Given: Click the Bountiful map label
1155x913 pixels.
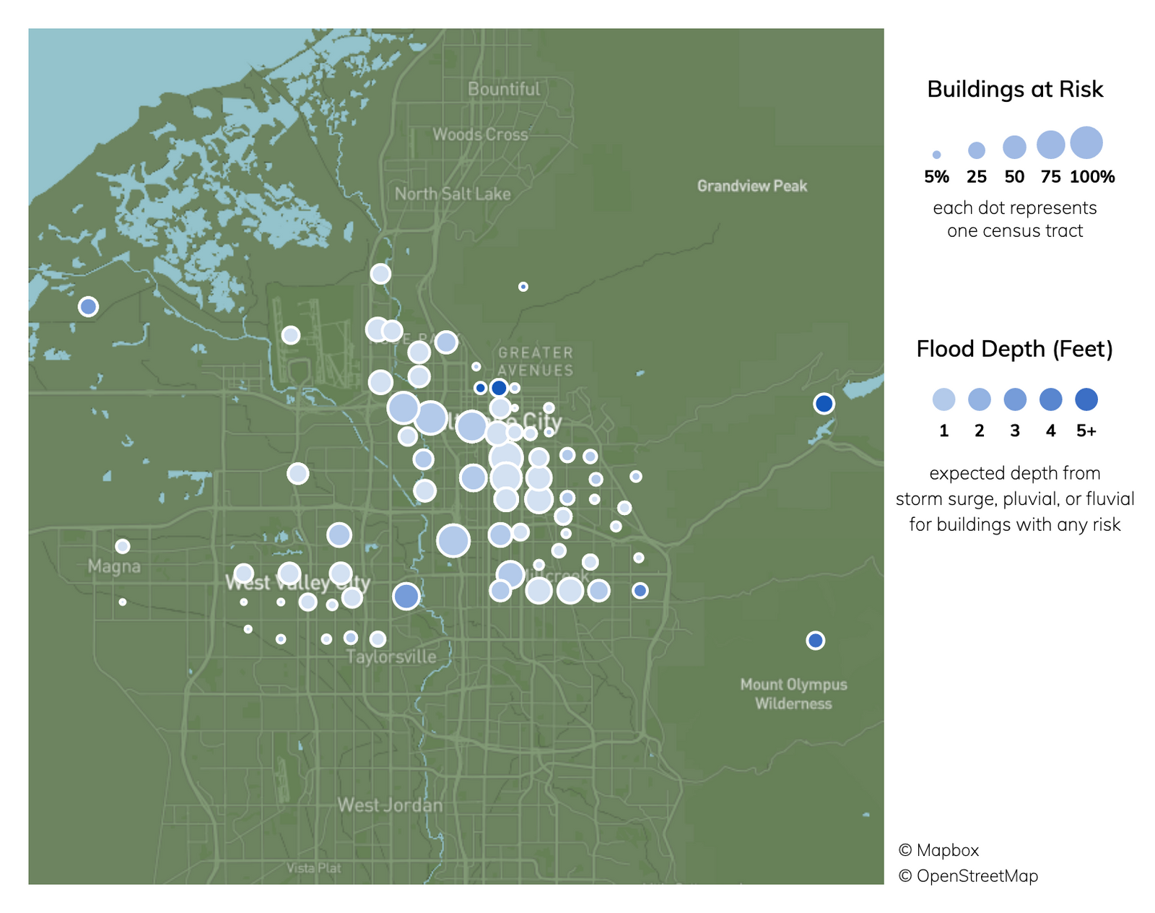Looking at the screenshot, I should (x=503, y=89).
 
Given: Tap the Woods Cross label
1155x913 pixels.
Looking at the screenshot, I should (x=480, y=134).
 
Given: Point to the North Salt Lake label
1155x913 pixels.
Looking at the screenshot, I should (x=453, y=194).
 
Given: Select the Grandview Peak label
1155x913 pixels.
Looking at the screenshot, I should (x=752, y=186).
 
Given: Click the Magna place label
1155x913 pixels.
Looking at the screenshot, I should (x=114, y=566).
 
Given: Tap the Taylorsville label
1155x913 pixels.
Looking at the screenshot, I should (x=391, y=657).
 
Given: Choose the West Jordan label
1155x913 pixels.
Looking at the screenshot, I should (x=390, y=805).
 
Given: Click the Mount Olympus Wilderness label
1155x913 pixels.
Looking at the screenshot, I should (x=793, y=693).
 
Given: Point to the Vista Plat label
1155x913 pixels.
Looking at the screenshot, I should (x=313, y=867).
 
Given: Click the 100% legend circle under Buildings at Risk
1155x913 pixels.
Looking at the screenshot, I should (x=1086, y=142).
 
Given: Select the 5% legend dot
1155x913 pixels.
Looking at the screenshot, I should (x=936, y=155).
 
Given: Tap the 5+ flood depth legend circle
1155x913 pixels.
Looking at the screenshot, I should (x=1086, y=399).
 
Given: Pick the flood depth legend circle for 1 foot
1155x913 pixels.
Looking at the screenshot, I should (x=943, y=399).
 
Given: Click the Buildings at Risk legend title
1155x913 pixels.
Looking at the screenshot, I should (x=1015, y=89).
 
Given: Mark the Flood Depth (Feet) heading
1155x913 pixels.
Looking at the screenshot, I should (x=1014, y=349).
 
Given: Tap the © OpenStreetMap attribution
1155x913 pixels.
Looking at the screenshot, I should (x=968, y=875).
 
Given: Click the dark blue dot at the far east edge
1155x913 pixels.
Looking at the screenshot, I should (x=824, y=404).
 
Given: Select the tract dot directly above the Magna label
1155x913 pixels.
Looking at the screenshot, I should (x=123, y=546).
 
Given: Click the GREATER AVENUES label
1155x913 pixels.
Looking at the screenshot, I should (x=536, y=361).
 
